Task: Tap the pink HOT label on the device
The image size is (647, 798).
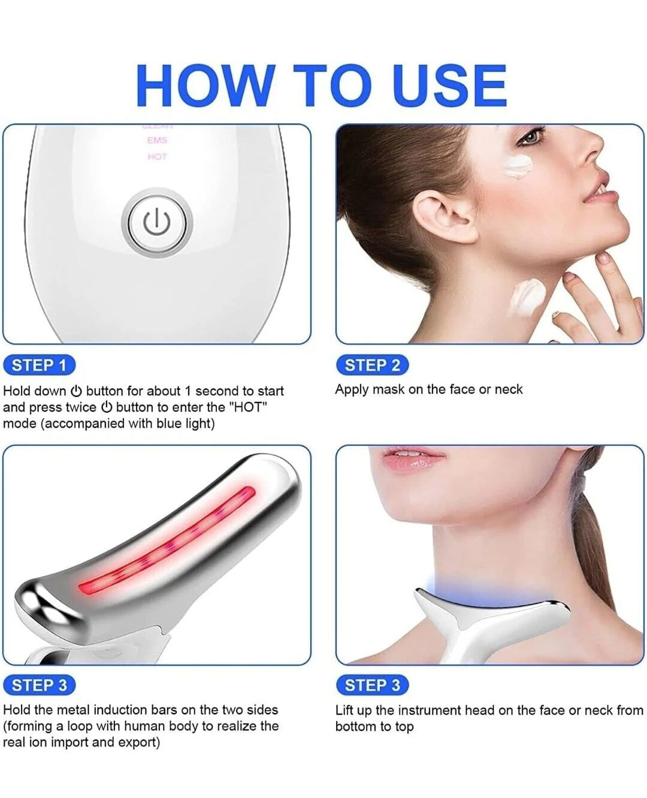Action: click(x=157, y=157)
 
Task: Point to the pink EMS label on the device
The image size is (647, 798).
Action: click(x=157, y=140)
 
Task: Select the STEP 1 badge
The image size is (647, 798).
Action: click(x=40, y=365)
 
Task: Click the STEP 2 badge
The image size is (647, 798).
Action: click(x=372, y=365)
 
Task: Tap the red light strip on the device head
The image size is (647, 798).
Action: click(x=168, y=542)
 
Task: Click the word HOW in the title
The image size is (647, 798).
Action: click(x=205, y=86)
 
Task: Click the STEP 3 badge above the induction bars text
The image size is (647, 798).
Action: click(x=40, y=685)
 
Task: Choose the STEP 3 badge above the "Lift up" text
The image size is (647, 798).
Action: click(x=372, y=685)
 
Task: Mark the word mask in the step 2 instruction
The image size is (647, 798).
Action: click(x=388, y=389)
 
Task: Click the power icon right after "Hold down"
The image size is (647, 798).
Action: click(x=76, y=391)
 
